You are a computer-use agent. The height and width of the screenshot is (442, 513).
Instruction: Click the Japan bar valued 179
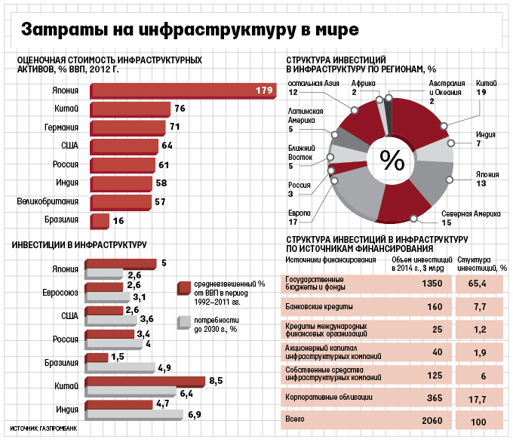[x=181, y=91]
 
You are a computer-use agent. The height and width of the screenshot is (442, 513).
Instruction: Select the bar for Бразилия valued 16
[x=100, y=221]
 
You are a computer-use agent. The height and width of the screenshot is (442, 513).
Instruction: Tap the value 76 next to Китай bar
[x=180, y=109]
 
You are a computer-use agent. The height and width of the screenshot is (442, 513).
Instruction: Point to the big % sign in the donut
[x=392, y=160]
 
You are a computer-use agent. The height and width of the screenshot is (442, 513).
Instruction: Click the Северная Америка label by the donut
[x=471, y=214]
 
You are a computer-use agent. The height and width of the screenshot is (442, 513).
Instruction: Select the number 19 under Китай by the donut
[x=481, y=91]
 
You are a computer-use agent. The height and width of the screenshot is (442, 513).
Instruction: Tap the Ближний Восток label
[x=300, y=152]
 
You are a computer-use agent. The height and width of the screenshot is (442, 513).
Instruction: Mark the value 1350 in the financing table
[x=427, y=284]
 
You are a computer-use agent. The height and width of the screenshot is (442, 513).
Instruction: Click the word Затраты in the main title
[x=63, y=29]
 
